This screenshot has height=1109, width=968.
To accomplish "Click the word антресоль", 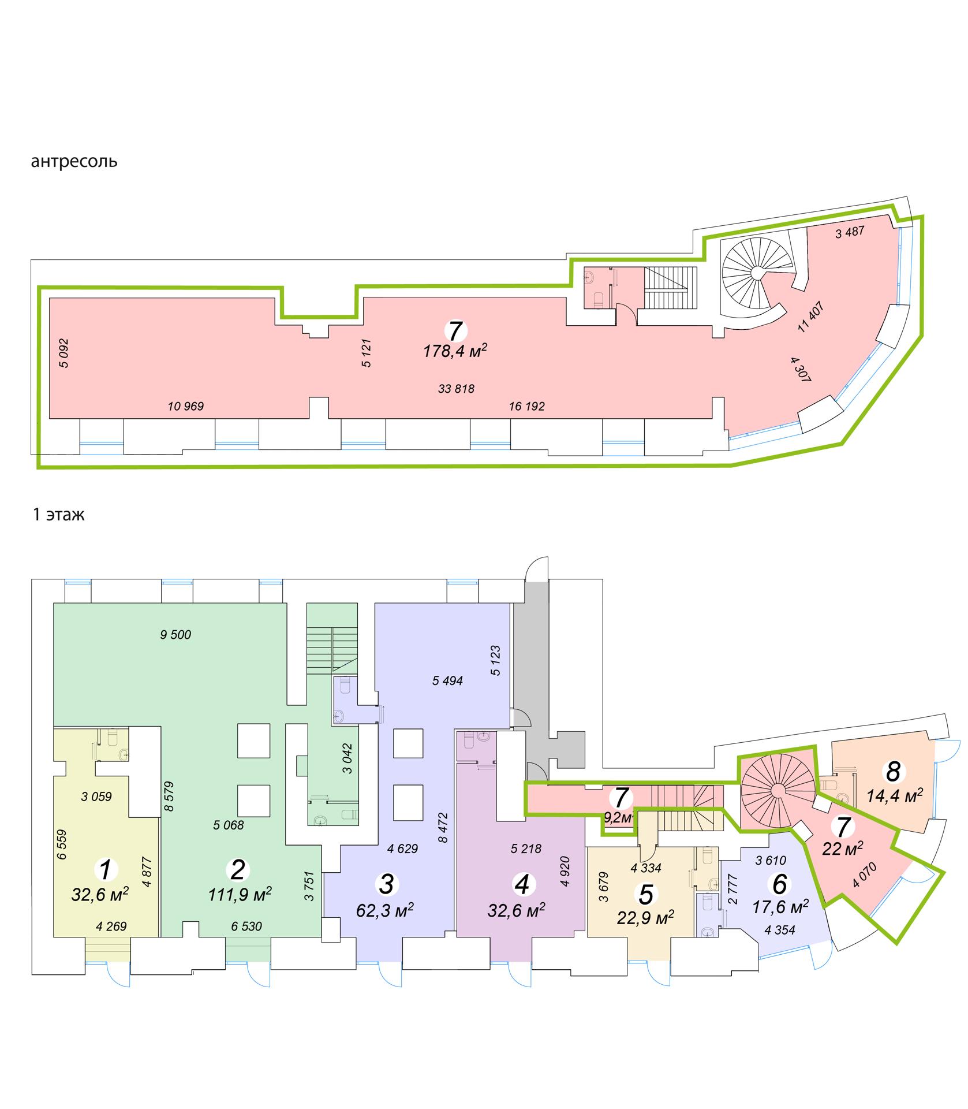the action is [74, 161].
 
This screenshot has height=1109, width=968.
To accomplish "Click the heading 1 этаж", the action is [58, 515].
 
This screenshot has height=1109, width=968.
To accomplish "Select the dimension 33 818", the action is [456, 389].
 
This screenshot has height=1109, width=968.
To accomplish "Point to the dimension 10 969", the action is [186, 407].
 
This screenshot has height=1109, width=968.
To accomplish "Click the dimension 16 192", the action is [526, 407].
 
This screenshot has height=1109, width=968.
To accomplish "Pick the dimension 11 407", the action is [810, 317].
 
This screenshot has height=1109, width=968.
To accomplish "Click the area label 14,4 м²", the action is [895, 797].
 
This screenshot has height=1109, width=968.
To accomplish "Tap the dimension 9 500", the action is [175, 635].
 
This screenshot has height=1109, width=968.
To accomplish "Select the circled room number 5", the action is [646, 895].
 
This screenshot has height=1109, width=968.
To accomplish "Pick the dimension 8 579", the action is [170, 795].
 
